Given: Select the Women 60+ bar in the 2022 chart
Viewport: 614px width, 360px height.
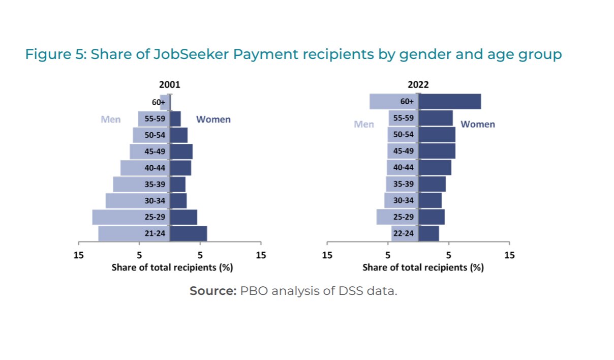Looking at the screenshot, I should coord(450,102).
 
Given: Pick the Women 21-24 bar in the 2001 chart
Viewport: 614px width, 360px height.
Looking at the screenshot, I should coord(189,233).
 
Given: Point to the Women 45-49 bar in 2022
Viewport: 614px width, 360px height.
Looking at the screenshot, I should coord(437,151).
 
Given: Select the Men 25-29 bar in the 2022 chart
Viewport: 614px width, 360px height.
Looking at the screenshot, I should coord(384,217).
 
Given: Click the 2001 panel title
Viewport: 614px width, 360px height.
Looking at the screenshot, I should coord(170,85).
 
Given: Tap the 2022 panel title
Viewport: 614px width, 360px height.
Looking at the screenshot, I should coord(418,85).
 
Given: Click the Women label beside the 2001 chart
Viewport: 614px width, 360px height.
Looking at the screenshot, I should coord(213,119).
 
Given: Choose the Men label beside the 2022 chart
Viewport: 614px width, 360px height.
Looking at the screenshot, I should coord(364,124).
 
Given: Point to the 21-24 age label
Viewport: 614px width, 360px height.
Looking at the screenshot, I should coord(155,233).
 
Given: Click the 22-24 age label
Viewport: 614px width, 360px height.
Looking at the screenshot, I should coord(404,233).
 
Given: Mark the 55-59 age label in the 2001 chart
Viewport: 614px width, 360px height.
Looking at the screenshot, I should coord(155,119).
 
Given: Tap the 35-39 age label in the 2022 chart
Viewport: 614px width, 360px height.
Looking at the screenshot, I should coord(404,184).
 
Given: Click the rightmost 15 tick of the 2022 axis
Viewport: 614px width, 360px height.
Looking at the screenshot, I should coord(509,255).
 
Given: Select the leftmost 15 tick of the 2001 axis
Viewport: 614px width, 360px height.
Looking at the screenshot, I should coord(78,255).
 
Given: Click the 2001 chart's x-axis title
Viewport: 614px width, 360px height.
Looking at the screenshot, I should coord(172,267).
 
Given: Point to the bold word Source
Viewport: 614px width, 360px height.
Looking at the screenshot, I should coord(213,291).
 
